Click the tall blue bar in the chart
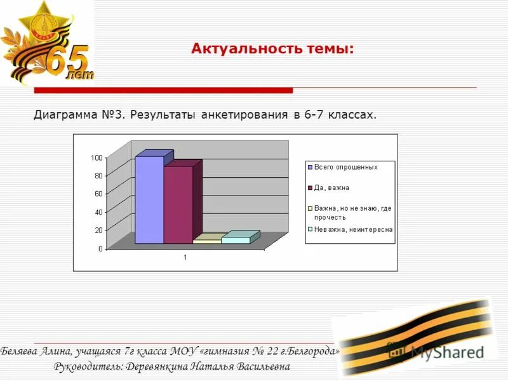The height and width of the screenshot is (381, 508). (149, 200)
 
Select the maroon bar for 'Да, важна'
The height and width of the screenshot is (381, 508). (178, 204)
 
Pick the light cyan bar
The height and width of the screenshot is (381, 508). (236, 240)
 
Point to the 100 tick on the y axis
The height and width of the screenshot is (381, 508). (96, 157)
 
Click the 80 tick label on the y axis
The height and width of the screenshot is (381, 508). (98, 175)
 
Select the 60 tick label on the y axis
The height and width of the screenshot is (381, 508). (98, 194)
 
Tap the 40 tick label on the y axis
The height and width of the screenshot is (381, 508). (98, 212)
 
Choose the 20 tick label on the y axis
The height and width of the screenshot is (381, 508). (98, 230)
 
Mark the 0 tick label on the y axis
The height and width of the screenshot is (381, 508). (100, 249)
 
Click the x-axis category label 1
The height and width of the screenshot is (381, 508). (185, 258)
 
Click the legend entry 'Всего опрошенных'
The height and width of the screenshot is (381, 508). (346, 167)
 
